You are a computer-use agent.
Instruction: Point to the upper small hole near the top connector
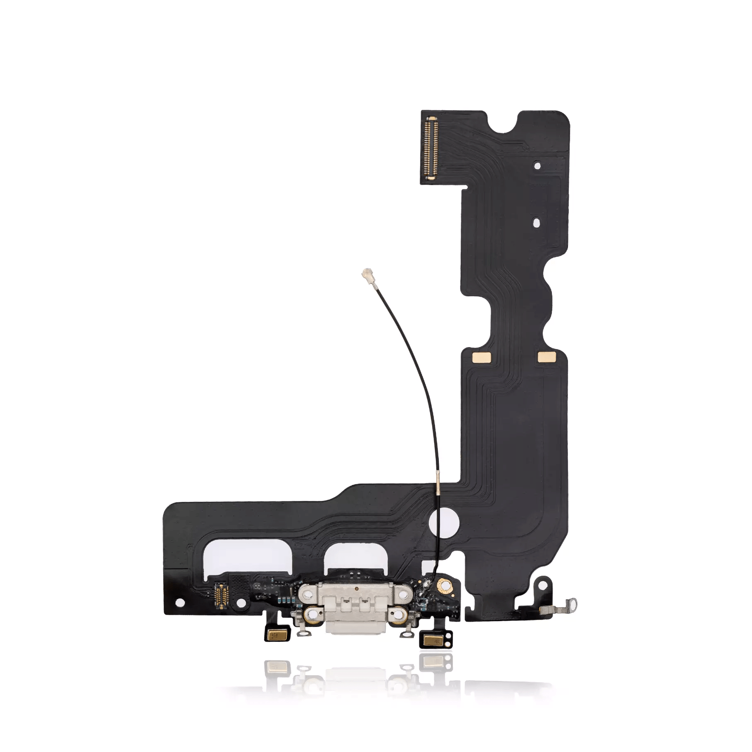click(537, 166)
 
